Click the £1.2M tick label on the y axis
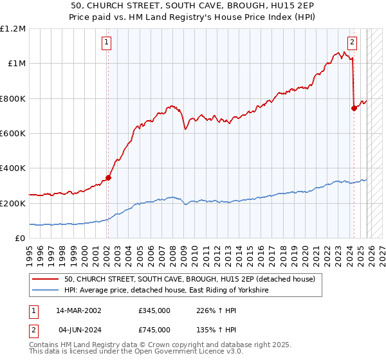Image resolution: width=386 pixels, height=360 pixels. [13, 29]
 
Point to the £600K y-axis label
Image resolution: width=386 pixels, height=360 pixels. [13, 134]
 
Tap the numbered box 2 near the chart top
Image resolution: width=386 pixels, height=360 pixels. [353, 43]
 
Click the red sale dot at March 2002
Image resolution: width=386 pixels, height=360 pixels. [108, 178]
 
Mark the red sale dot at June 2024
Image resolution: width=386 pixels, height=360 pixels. [354, 108]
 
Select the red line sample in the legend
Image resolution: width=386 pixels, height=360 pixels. [45, 279]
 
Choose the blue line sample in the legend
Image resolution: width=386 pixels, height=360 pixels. [45, 291]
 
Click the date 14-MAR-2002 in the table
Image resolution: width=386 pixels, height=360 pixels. [78, 310]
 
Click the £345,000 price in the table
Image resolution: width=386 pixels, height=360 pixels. [154, 310]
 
